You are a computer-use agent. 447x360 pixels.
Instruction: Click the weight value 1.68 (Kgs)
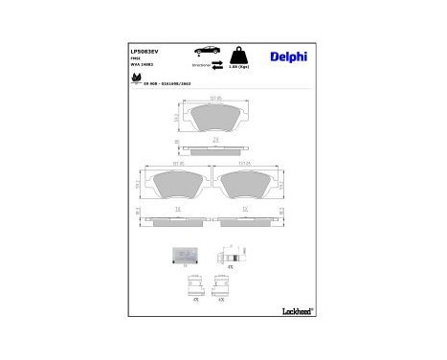[x=242, y=64]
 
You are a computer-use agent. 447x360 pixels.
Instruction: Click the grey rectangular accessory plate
[x=182, y=255]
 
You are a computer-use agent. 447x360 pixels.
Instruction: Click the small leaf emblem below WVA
[x=135, y=79]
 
